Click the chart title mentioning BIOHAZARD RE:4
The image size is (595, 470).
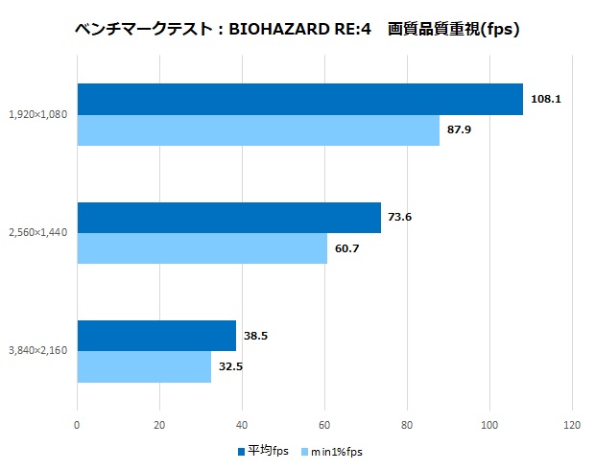[x=297, y=30]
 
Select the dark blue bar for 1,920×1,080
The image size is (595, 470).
[x=299, y=99]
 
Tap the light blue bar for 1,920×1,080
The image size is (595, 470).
[x=257, y=130]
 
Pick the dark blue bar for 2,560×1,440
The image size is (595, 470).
[x=228, y=218]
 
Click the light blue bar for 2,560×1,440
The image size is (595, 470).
[x=202, y=248]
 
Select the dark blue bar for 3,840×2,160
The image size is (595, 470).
[x=156, y=336]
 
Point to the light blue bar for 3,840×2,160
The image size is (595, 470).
[x=144, y=366]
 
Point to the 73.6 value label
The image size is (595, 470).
[x=400, y=218]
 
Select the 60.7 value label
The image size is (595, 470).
[x=347, y=248]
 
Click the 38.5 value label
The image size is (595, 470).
[x=255, y=337]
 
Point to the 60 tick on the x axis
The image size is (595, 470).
[x=325, y=425]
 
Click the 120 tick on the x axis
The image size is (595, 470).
[x=573, y=425]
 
